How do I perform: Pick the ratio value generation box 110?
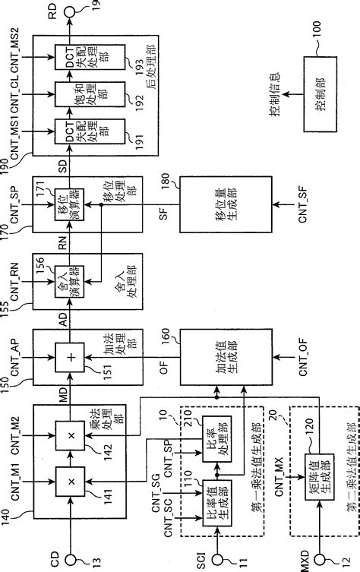215,490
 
